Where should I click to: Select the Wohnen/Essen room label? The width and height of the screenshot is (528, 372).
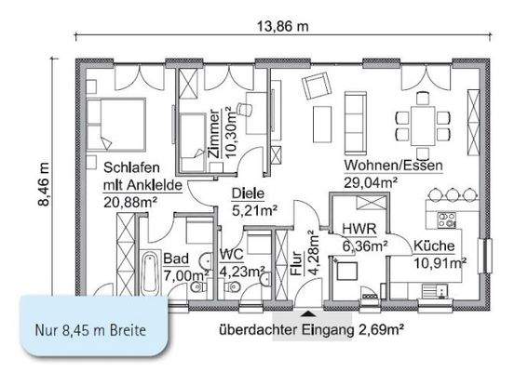point(392,166)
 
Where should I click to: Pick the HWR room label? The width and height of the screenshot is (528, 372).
point(359,229)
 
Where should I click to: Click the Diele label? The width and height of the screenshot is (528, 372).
point(248,194)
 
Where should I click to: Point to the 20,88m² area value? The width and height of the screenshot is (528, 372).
point(129,202)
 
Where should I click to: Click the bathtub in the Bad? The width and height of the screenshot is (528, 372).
point(150,272)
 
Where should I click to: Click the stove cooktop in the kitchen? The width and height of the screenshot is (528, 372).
point(445,221)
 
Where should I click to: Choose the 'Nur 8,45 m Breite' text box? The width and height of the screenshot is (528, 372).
point(86,327)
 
